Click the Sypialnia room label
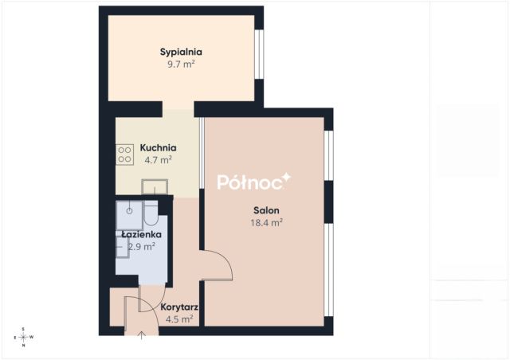pos(181,52)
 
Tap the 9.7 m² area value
pos(181,64)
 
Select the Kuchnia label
pos(158,147)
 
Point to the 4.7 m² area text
pos(158,159)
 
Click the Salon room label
pos(266,210)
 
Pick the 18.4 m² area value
pos(266,223)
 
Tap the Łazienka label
pos(142,234)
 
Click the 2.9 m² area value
pos(142,247)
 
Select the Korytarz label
pos(179,307)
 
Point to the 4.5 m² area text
pos(179,319)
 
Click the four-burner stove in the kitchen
pos(124,155)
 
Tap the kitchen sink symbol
pos(155,187)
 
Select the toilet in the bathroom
pos(151,213)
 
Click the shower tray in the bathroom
pos(129,215)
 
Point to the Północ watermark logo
pos(253,182)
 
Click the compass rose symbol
pos(23,337)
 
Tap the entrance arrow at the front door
pos(142,335)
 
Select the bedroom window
pos(259,54)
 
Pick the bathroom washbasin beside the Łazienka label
pos(122,247)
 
